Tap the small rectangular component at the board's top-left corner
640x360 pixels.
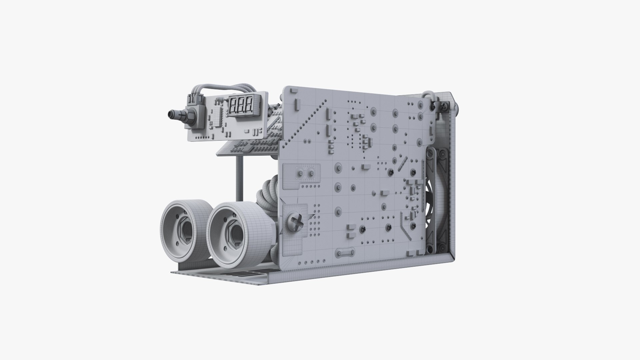coord(293,91)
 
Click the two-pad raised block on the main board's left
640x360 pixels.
coord(306,173)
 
